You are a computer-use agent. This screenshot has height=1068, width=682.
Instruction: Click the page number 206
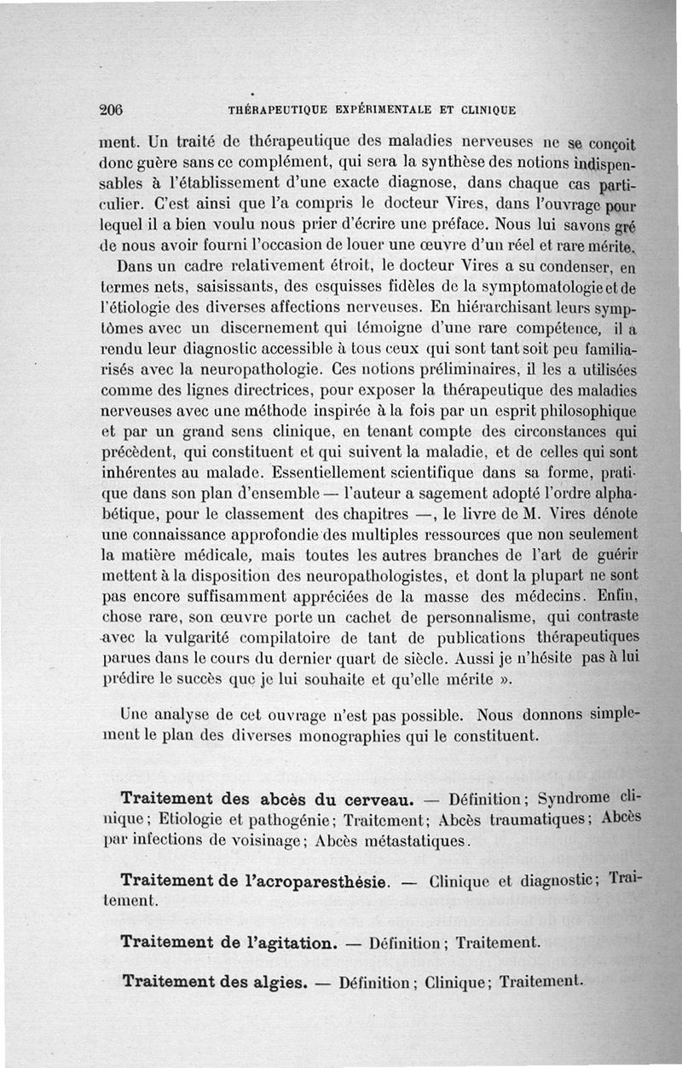click(x=112, y=109)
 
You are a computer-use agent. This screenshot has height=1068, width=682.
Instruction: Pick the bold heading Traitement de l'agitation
click(x=228, y=942)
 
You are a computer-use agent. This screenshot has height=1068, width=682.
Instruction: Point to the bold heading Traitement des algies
click(x=215, y=981)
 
